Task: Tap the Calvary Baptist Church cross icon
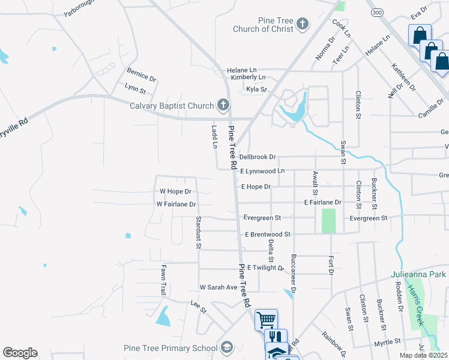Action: pyautogui.click(x=223, y=106)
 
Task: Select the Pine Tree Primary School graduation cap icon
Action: pyautogui.click(x=226, y=347)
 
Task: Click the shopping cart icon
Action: pyautogui.click(x=266, y=319)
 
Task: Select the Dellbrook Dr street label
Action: pyautogui.click(x=257, y=157)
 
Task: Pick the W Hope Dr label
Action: pyautogui.click(x=175, y=192)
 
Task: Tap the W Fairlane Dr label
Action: pyautogui.click(x=176, y=205)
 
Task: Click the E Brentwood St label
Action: pyautogui.click(x=267, y=234)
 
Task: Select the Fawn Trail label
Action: pyautogui.click(x=163, y=280)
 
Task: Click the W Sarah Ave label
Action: pyautogui.click(x=218, y=287)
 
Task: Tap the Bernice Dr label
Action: pyautogui.click(x=141, y=79)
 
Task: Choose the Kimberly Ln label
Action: pyautogui.click(x=248, y=77)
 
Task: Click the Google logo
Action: pyautogui.click(x=20, y=353)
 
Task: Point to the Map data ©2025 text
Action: pyautogui.click(x=424, y=355)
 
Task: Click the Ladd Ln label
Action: pyautogui.click(x=214, y=137)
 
